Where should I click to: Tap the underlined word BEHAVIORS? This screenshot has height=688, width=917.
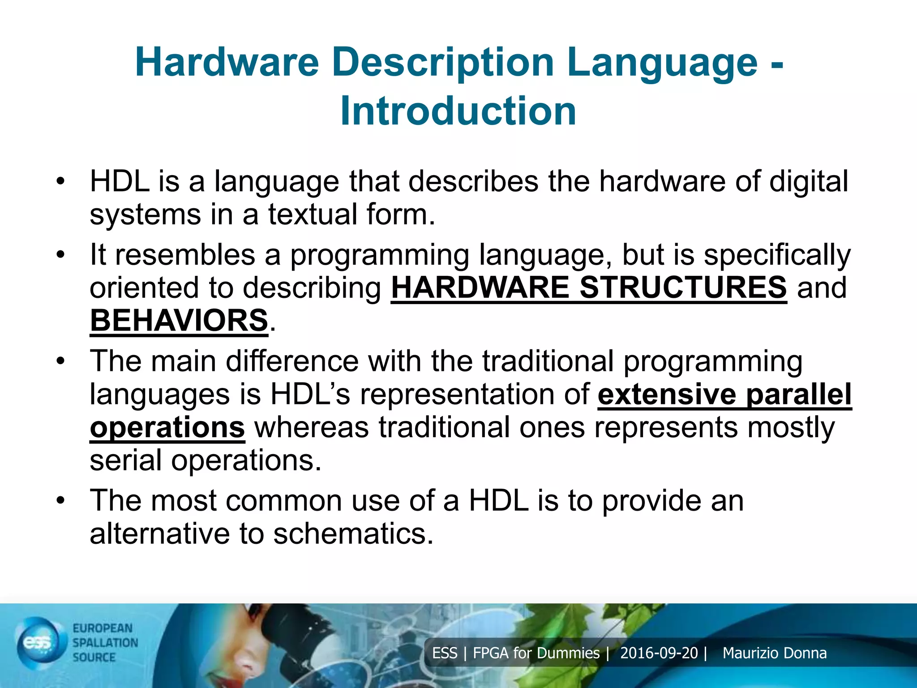coord(179,321)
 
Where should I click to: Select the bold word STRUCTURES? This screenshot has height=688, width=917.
coord(683,288)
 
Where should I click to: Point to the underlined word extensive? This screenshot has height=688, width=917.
coord(667,395)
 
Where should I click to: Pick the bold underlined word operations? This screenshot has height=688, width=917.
coord(167,428)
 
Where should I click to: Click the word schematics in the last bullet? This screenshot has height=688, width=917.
coord(353,534)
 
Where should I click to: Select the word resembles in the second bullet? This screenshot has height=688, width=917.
coord(185,255)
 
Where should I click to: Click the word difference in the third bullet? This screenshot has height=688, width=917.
coord(292,361)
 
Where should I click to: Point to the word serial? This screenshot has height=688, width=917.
coord(126,460)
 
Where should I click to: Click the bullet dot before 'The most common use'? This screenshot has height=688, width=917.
coord(61,500)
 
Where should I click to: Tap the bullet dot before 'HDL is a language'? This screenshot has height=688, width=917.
coord(61,181)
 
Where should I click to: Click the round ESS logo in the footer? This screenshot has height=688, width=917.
coord(39,642)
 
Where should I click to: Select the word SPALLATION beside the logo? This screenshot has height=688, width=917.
coord(105,643)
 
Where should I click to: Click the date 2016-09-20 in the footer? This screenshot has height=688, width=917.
coord(659,653)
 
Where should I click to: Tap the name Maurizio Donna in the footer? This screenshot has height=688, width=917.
coord(774,653)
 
